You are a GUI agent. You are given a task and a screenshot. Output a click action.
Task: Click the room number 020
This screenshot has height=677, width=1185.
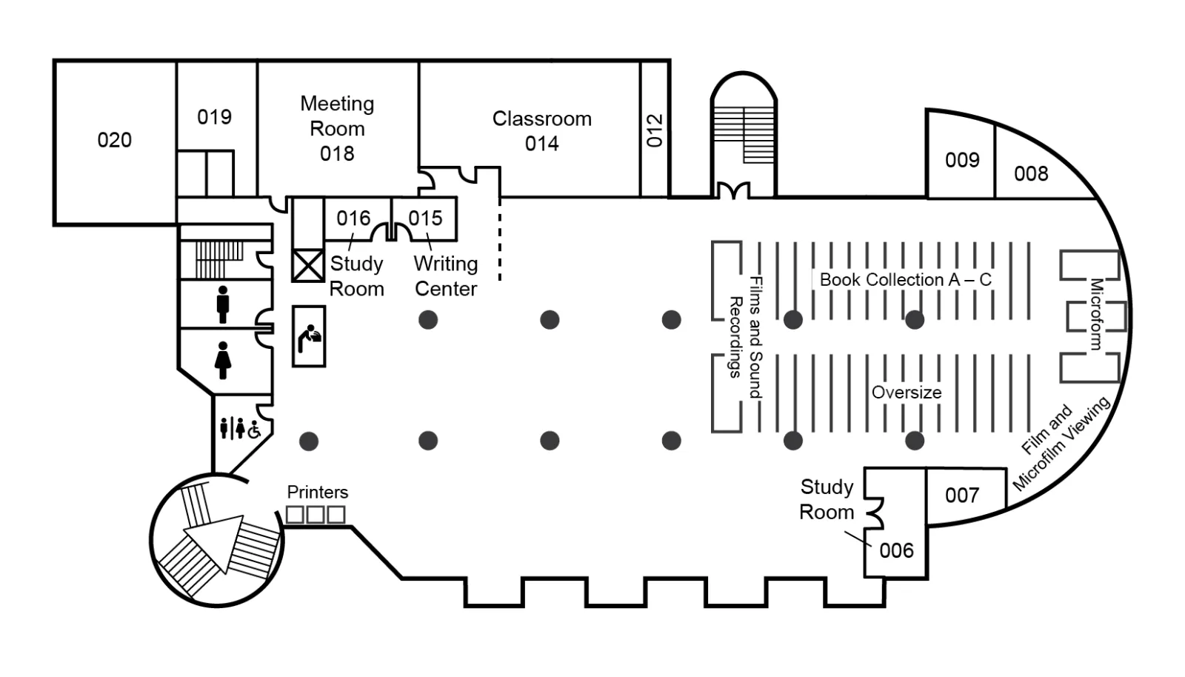pos(114,140)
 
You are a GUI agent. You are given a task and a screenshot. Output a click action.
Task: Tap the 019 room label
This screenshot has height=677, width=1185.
pos(214,117)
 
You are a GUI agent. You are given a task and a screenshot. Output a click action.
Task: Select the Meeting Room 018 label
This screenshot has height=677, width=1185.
pos(337,129)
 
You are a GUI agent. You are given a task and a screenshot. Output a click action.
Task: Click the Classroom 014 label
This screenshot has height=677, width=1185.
pos(541,130)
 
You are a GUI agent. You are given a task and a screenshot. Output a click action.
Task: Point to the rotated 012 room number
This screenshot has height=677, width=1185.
pos(655,130)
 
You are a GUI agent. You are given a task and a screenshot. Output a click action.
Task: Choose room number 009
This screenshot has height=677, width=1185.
pos(962,160)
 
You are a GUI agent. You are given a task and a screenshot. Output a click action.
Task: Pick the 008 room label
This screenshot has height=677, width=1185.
pos(1031,173)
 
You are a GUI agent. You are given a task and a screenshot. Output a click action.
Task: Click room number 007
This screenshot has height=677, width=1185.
pos(962,495)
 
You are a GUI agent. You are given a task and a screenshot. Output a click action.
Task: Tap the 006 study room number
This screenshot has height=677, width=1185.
pos(897,550)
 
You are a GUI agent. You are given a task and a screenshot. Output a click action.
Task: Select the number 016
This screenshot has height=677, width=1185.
pos(353,218)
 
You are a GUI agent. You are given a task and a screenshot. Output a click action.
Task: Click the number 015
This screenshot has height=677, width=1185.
pos(425,218)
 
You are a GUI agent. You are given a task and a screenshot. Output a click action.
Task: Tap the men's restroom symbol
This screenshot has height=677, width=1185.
pos(223,304)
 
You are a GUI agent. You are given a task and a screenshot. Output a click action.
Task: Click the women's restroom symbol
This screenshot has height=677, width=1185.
pos(223,360)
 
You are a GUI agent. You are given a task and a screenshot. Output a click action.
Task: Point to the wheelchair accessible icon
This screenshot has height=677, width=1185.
pos(255,430)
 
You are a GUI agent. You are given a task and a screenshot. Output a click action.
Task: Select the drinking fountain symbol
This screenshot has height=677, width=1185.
pos(310,338)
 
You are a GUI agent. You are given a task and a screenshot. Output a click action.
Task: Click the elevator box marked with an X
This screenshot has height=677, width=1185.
pos(308,265)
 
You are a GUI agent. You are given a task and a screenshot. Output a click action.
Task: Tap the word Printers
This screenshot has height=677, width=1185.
pos(318,493)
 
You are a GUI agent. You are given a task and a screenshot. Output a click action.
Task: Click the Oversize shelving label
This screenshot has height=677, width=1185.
pos(907,393)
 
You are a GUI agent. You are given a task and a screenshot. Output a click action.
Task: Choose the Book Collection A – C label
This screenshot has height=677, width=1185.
pos(906,280)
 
